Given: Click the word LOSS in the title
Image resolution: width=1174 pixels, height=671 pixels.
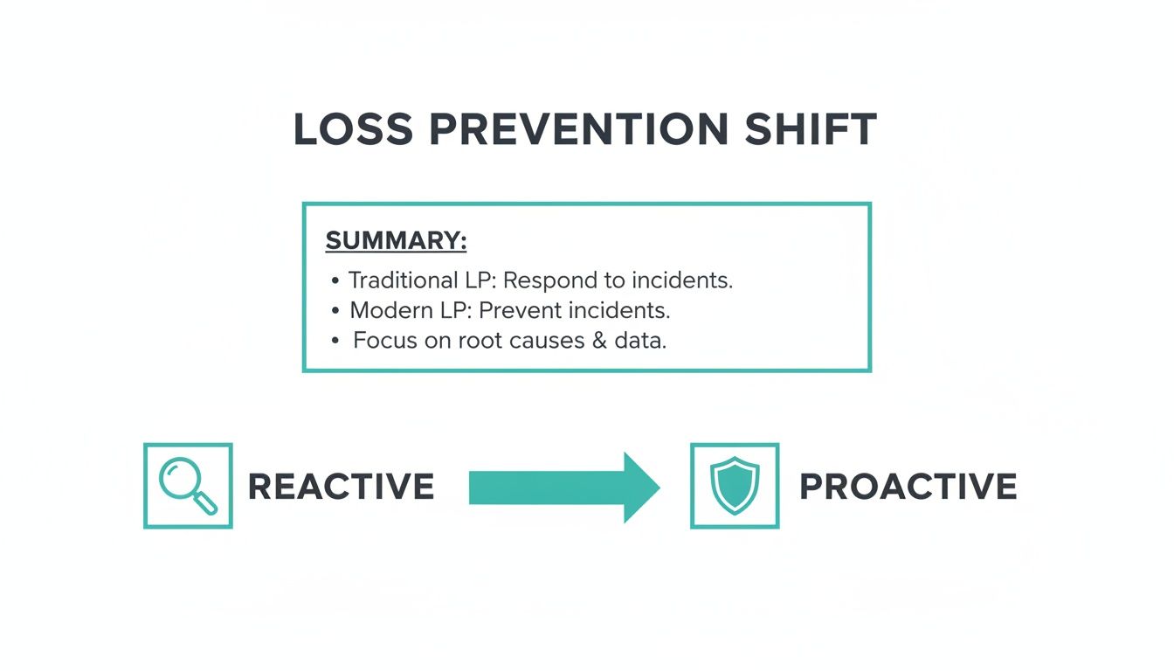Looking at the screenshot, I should point(353,130).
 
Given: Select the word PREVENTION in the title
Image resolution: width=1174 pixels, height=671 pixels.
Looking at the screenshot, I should point(578,130).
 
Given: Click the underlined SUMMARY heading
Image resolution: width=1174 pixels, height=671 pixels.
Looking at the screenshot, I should point(396,241).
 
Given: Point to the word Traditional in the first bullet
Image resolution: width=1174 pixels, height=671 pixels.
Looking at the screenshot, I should point(402,280).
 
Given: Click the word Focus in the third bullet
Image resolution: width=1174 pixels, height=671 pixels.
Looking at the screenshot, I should point(385,341).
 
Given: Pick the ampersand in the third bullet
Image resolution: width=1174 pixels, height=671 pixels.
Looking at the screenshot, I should point(598,341).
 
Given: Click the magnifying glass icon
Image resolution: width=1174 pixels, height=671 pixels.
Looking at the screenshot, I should point(188,486).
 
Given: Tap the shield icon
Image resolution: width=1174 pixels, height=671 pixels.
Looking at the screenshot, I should point(735,486).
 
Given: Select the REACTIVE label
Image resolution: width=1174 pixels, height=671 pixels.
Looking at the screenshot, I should point(341,487).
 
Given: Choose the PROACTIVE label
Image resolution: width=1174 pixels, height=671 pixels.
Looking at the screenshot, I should point(908,487).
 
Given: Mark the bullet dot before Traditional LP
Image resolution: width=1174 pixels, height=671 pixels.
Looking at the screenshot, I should point(335,281).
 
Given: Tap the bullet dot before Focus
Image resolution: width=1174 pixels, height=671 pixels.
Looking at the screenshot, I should point(335,342).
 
